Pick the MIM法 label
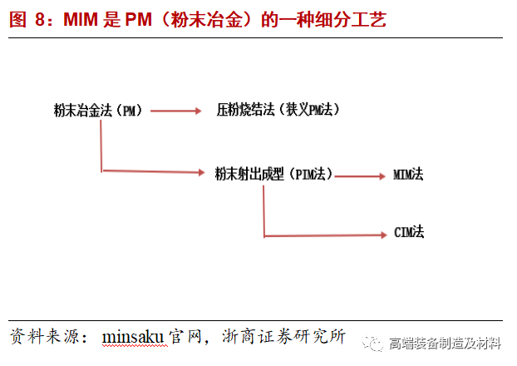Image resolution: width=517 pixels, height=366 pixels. point(409,175)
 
